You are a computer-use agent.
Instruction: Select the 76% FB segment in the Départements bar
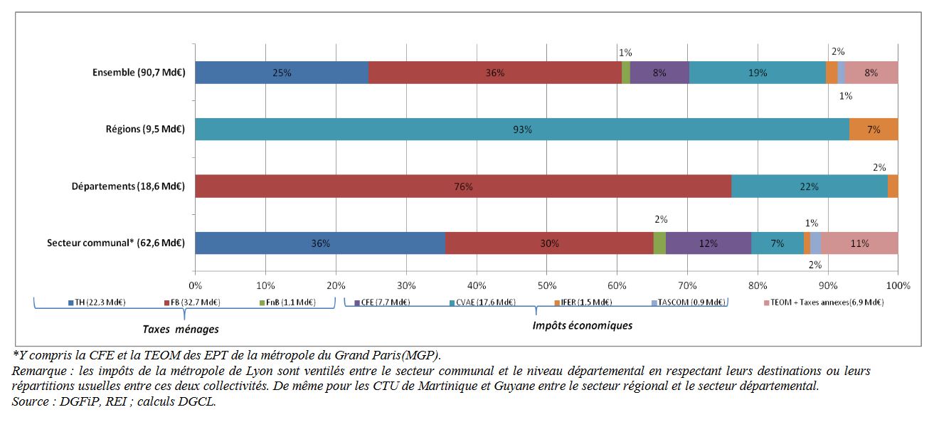(462, 186)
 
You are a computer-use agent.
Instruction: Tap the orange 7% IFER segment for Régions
(873, 130)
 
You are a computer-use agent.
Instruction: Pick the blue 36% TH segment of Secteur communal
(319, 243)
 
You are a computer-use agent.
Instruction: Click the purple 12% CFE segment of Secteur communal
(709, 243)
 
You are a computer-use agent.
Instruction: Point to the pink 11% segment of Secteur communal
(859, 243)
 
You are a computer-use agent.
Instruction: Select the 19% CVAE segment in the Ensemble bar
(757, 73)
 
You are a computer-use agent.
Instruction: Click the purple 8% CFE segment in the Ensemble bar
(659, 73)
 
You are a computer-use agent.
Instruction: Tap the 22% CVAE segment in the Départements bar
(809, 186)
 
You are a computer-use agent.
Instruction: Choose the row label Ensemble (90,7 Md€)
(139, 73)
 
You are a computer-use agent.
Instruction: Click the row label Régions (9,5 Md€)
(145, 130)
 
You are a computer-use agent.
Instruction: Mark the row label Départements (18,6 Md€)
(128, 186)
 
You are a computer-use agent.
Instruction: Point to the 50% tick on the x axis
(546, 285)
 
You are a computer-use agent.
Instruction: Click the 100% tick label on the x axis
(898, 285)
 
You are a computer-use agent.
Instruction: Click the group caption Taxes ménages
(180, 330)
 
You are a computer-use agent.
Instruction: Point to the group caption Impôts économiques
(582, 325)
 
